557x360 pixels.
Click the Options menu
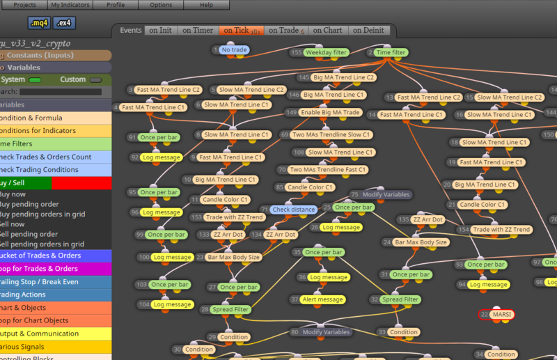pos(161,5)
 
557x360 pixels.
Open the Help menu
pos(207,5)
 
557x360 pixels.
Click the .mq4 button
pos(39,23)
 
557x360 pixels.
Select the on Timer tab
pos(198,31)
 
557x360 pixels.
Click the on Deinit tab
pos(367,31)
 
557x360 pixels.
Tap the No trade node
pos(234,50)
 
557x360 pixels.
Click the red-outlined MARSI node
pos(501,315)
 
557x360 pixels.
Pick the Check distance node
pos(292,209)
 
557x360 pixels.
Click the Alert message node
pos(322,299)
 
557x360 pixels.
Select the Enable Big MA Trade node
pos(331,113)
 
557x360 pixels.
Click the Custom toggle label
pos(72,79)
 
